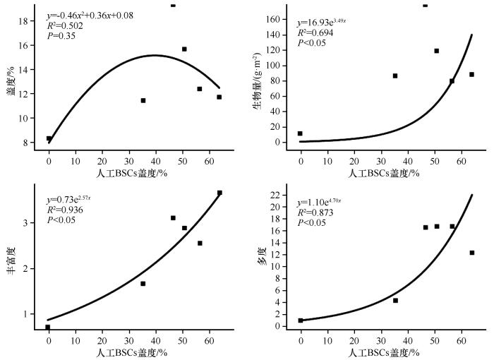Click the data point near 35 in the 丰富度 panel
coord(143,283)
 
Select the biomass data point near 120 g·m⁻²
coord(436,51)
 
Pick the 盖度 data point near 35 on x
coord(143,100)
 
